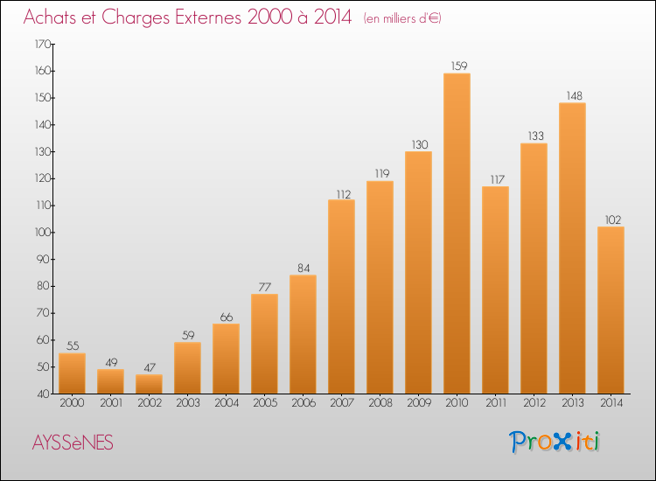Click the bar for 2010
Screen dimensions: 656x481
[x=457, y=234]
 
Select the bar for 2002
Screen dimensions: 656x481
[x=149, y=384]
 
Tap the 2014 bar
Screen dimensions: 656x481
[x=611, y=310]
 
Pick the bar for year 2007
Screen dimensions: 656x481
[x=341, y=296]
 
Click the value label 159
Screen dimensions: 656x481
[x=459, y=66]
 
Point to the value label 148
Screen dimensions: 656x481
[x=575, y=96]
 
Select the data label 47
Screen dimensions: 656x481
[x=150, y=367]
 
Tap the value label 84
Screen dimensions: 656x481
[x=304, y=268]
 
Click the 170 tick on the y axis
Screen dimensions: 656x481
[x=42, y=44]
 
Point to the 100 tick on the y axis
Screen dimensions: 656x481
[x=42, y=232]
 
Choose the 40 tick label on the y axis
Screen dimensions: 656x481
[x=44, y=394]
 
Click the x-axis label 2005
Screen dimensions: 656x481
[x=265, y=402]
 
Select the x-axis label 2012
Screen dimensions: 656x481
[x=534, y=402]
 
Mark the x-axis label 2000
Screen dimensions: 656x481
[x=72, y=402]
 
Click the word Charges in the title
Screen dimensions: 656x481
[x=136, y=17]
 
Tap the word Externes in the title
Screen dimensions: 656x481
[x=208, y=17]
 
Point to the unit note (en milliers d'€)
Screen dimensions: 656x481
[x=402, y=18]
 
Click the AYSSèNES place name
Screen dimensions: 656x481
[x=73, y=443]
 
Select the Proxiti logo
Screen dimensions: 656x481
[x=554, y=442]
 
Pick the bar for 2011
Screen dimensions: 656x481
[x=495, y=289]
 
